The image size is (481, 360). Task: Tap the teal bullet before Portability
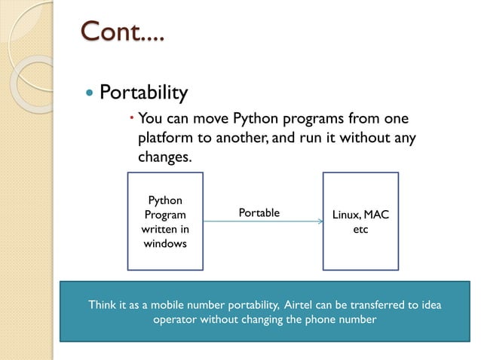click(90, 94)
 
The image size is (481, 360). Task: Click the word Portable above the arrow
click(259, 213)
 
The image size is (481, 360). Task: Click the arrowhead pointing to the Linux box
click(319, 222)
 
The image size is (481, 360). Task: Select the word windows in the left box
click(165, 243)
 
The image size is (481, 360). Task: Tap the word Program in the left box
click(165, 215)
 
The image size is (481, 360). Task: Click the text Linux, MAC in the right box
click(360, 215)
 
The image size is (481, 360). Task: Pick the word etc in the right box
click(360, 229)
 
